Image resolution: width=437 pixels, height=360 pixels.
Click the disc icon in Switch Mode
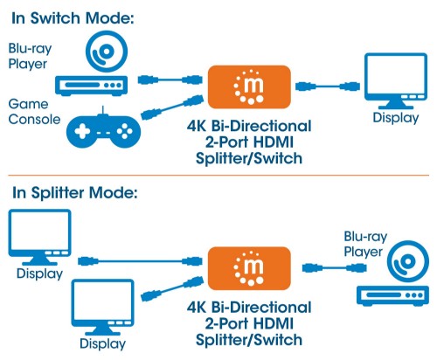pos(105,54)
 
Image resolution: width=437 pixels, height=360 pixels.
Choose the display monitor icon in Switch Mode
pos(391,80)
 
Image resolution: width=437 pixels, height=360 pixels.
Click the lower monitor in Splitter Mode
pos(102,305)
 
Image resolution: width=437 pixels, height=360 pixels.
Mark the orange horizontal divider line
pos(218,176)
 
